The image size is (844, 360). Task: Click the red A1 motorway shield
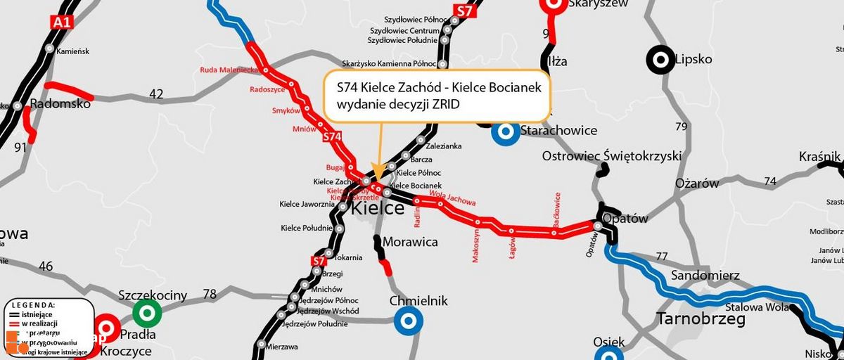(x=62, y=22)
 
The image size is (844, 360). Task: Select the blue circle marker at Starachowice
(x=505, y=131)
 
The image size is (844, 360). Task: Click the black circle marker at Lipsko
(x=660, y=60)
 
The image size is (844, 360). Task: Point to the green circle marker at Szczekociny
(x=147, y=311)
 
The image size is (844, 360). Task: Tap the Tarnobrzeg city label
(x=701, y=319)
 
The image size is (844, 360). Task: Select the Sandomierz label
(x=704, y=274)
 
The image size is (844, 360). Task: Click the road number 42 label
(x=156, y=94)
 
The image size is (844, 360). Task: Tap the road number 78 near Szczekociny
(x=210, y=294)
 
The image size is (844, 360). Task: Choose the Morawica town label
(x=410, y=242)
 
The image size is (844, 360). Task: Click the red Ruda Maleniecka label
(x=230, y=70)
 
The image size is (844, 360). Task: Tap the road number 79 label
(x=680, y=127)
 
